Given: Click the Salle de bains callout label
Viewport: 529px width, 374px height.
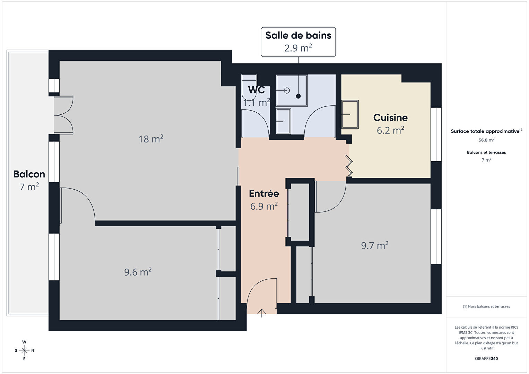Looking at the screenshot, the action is coord(298,42).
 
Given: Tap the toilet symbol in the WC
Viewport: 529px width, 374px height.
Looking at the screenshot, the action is coord(249,87).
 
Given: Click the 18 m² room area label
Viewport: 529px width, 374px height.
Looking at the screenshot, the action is coord(151,139).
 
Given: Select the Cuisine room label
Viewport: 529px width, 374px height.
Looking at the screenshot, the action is coord(390,118).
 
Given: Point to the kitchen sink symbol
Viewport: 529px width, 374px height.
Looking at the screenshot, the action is coord(350,114).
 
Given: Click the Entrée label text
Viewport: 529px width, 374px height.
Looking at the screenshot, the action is coord(264,193).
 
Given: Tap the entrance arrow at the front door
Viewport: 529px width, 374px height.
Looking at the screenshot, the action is coord(262,313).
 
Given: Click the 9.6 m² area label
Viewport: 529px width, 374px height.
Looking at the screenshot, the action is coord(138,272).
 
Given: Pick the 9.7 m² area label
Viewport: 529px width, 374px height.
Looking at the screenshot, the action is coord(375,245).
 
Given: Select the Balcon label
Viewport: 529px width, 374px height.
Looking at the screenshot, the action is coord(29,174).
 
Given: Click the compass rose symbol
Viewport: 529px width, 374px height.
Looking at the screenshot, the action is coord(24,350).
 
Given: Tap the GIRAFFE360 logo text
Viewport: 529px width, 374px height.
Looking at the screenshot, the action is coord(486,358).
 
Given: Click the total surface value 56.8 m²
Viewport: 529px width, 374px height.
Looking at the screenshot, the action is coord(486,140).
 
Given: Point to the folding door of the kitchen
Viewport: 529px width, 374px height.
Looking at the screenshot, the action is coord(349,166).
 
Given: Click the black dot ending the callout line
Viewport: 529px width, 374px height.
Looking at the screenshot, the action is coord(298,96).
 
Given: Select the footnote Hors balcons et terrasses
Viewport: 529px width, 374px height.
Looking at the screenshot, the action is coord(486,306).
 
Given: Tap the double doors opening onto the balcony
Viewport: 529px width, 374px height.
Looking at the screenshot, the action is coord(64,115).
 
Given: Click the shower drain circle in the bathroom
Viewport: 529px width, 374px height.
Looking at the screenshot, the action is coord(287,90).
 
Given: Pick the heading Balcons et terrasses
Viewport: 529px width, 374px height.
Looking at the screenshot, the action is coord(486,152).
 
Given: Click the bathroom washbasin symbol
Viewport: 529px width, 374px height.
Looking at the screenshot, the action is coord(283,121).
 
